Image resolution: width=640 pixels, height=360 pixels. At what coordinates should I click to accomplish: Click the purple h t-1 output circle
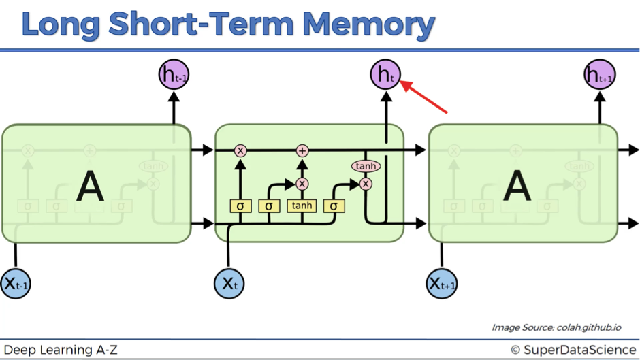click(x=174, y=75)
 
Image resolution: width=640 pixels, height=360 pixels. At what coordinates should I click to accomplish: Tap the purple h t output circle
click(x=385, y=75)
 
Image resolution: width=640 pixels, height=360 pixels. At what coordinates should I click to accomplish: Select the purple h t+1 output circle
click(x=600, y=75)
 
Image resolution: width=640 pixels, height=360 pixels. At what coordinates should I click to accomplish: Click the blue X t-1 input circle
click(x=16, y=284)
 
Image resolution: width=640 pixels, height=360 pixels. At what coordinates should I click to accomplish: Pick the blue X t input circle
click(x=229, y=284)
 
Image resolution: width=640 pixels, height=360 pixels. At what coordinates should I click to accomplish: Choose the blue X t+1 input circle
click(x=442, y=284)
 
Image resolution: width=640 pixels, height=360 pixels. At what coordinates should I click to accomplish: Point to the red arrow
click(x=423, y=97)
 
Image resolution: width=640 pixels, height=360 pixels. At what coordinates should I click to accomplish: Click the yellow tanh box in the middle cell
click(x=302, y=206)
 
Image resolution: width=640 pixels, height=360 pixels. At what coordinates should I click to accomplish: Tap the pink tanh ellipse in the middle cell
click(x=366, y=166)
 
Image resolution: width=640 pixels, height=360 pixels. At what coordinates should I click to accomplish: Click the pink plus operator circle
click(x=302, y=151)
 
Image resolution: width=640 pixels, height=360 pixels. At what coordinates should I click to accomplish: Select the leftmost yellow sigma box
click(x=240, y=206)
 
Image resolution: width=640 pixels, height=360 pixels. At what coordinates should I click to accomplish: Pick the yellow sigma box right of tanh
click(x=334, y=206)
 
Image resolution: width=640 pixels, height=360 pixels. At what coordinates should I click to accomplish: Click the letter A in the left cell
click(x=90, y=186)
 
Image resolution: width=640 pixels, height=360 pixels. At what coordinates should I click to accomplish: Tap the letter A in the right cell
click(x=517, y=186)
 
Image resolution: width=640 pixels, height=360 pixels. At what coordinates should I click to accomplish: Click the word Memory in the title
click(x=369, y=24)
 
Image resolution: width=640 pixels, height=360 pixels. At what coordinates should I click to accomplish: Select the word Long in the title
click(x=61, y=25)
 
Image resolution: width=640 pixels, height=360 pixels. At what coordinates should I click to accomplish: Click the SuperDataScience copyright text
click(x=573, y=350)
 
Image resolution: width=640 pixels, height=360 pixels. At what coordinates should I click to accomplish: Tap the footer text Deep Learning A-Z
click(x=61, y=350)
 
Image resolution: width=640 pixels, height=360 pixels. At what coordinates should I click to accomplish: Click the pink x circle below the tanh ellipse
click(x=366, y=184)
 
